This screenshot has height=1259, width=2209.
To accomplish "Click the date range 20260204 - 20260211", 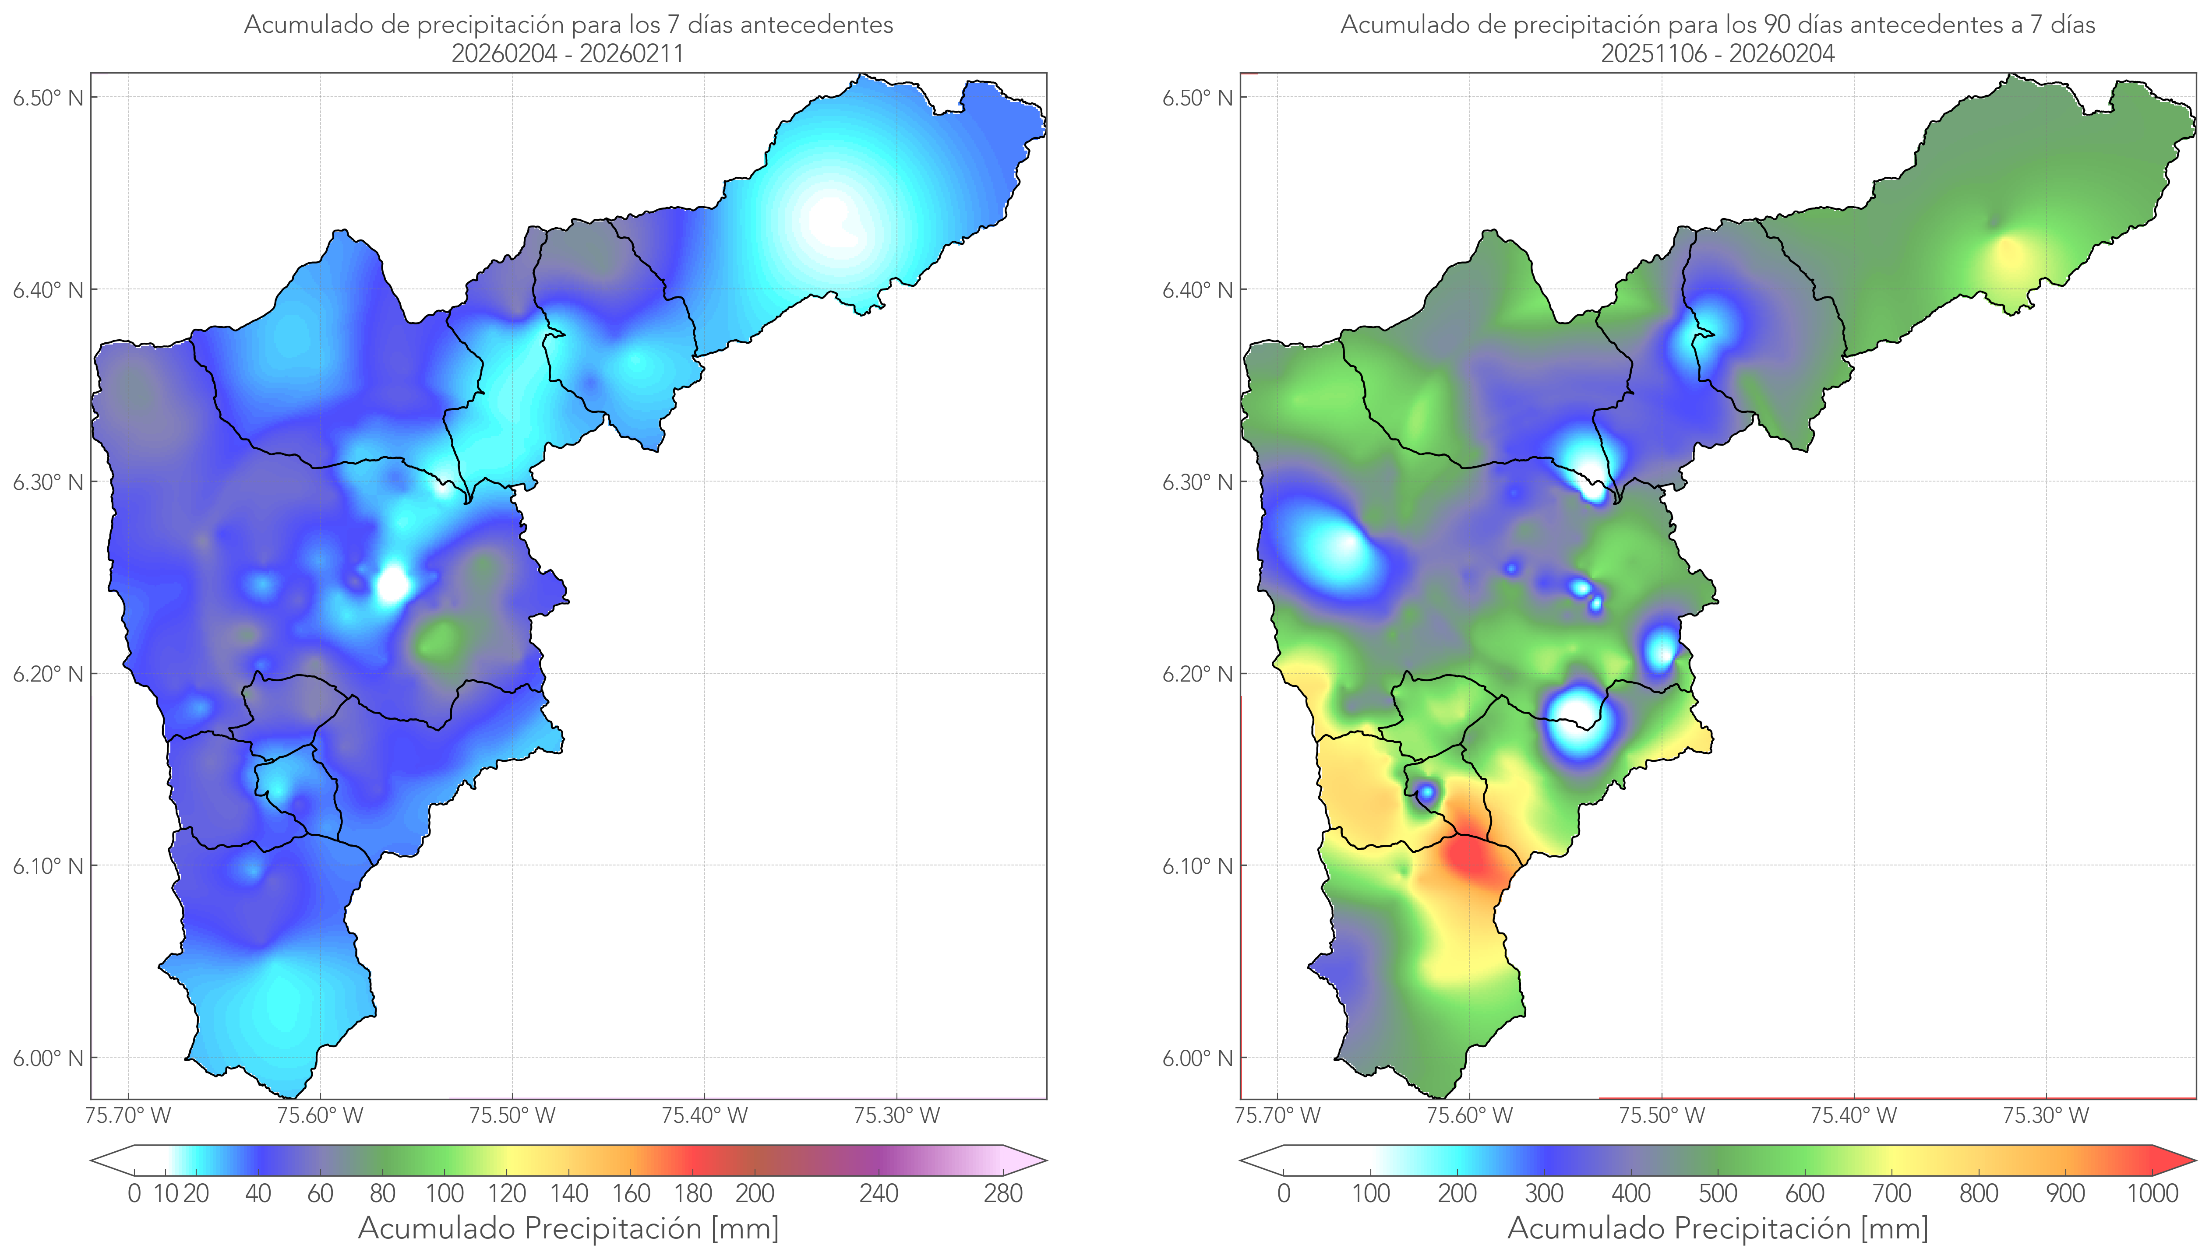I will [568, 53].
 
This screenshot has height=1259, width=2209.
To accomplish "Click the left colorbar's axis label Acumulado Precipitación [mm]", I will [568, 1228].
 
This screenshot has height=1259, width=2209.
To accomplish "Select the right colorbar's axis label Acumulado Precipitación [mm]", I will [1718, 1228].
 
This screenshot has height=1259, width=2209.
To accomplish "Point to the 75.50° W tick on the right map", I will [1662, 1115].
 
